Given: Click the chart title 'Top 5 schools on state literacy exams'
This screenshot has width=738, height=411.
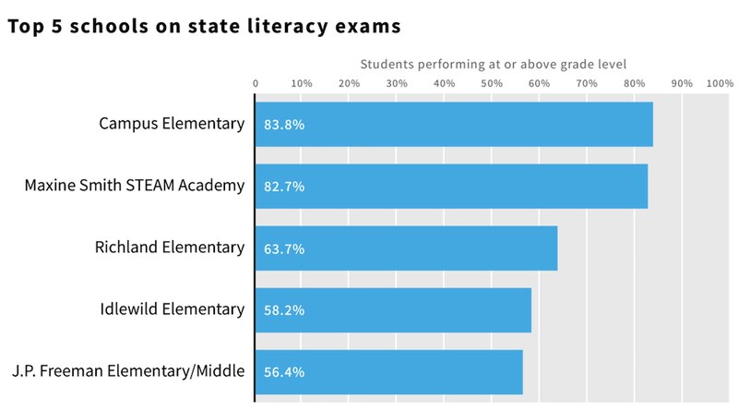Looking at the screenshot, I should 204,27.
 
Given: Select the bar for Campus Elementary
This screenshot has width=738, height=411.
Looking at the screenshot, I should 454,124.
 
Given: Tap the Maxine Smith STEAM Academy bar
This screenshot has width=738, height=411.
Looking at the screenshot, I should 451,186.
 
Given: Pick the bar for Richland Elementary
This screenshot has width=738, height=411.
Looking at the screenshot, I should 406,248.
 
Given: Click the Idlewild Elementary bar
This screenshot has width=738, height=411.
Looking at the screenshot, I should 393,310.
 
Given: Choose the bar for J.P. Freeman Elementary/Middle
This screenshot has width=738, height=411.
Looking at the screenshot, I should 388,372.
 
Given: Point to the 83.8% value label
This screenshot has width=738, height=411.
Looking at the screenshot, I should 284,124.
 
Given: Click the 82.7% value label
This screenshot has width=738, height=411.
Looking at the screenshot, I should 284,187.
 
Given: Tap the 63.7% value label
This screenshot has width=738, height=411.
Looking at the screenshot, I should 284,248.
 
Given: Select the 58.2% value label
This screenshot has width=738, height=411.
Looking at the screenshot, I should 284,310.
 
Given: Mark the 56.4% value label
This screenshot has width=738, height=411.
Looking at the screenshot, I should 284,372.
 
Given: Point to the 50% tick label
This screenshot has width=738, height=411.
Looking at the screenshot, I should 492,83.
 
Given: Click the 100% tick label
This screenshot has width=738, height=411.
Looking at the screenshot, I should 719,83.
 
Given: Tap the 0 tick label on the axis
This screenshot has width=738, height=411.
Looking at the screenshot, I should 256,83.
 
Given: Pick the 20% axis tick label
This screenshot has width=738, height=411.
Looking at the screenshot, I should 350,83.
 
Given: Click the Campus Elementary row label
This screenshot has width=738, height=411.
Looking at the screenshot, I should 172,123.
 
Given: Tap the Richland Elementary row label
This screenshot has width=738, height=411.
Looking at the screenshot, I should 170,248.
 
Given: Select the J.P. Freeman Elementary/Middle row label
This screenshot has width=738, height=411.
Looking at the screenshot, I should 128,371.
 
